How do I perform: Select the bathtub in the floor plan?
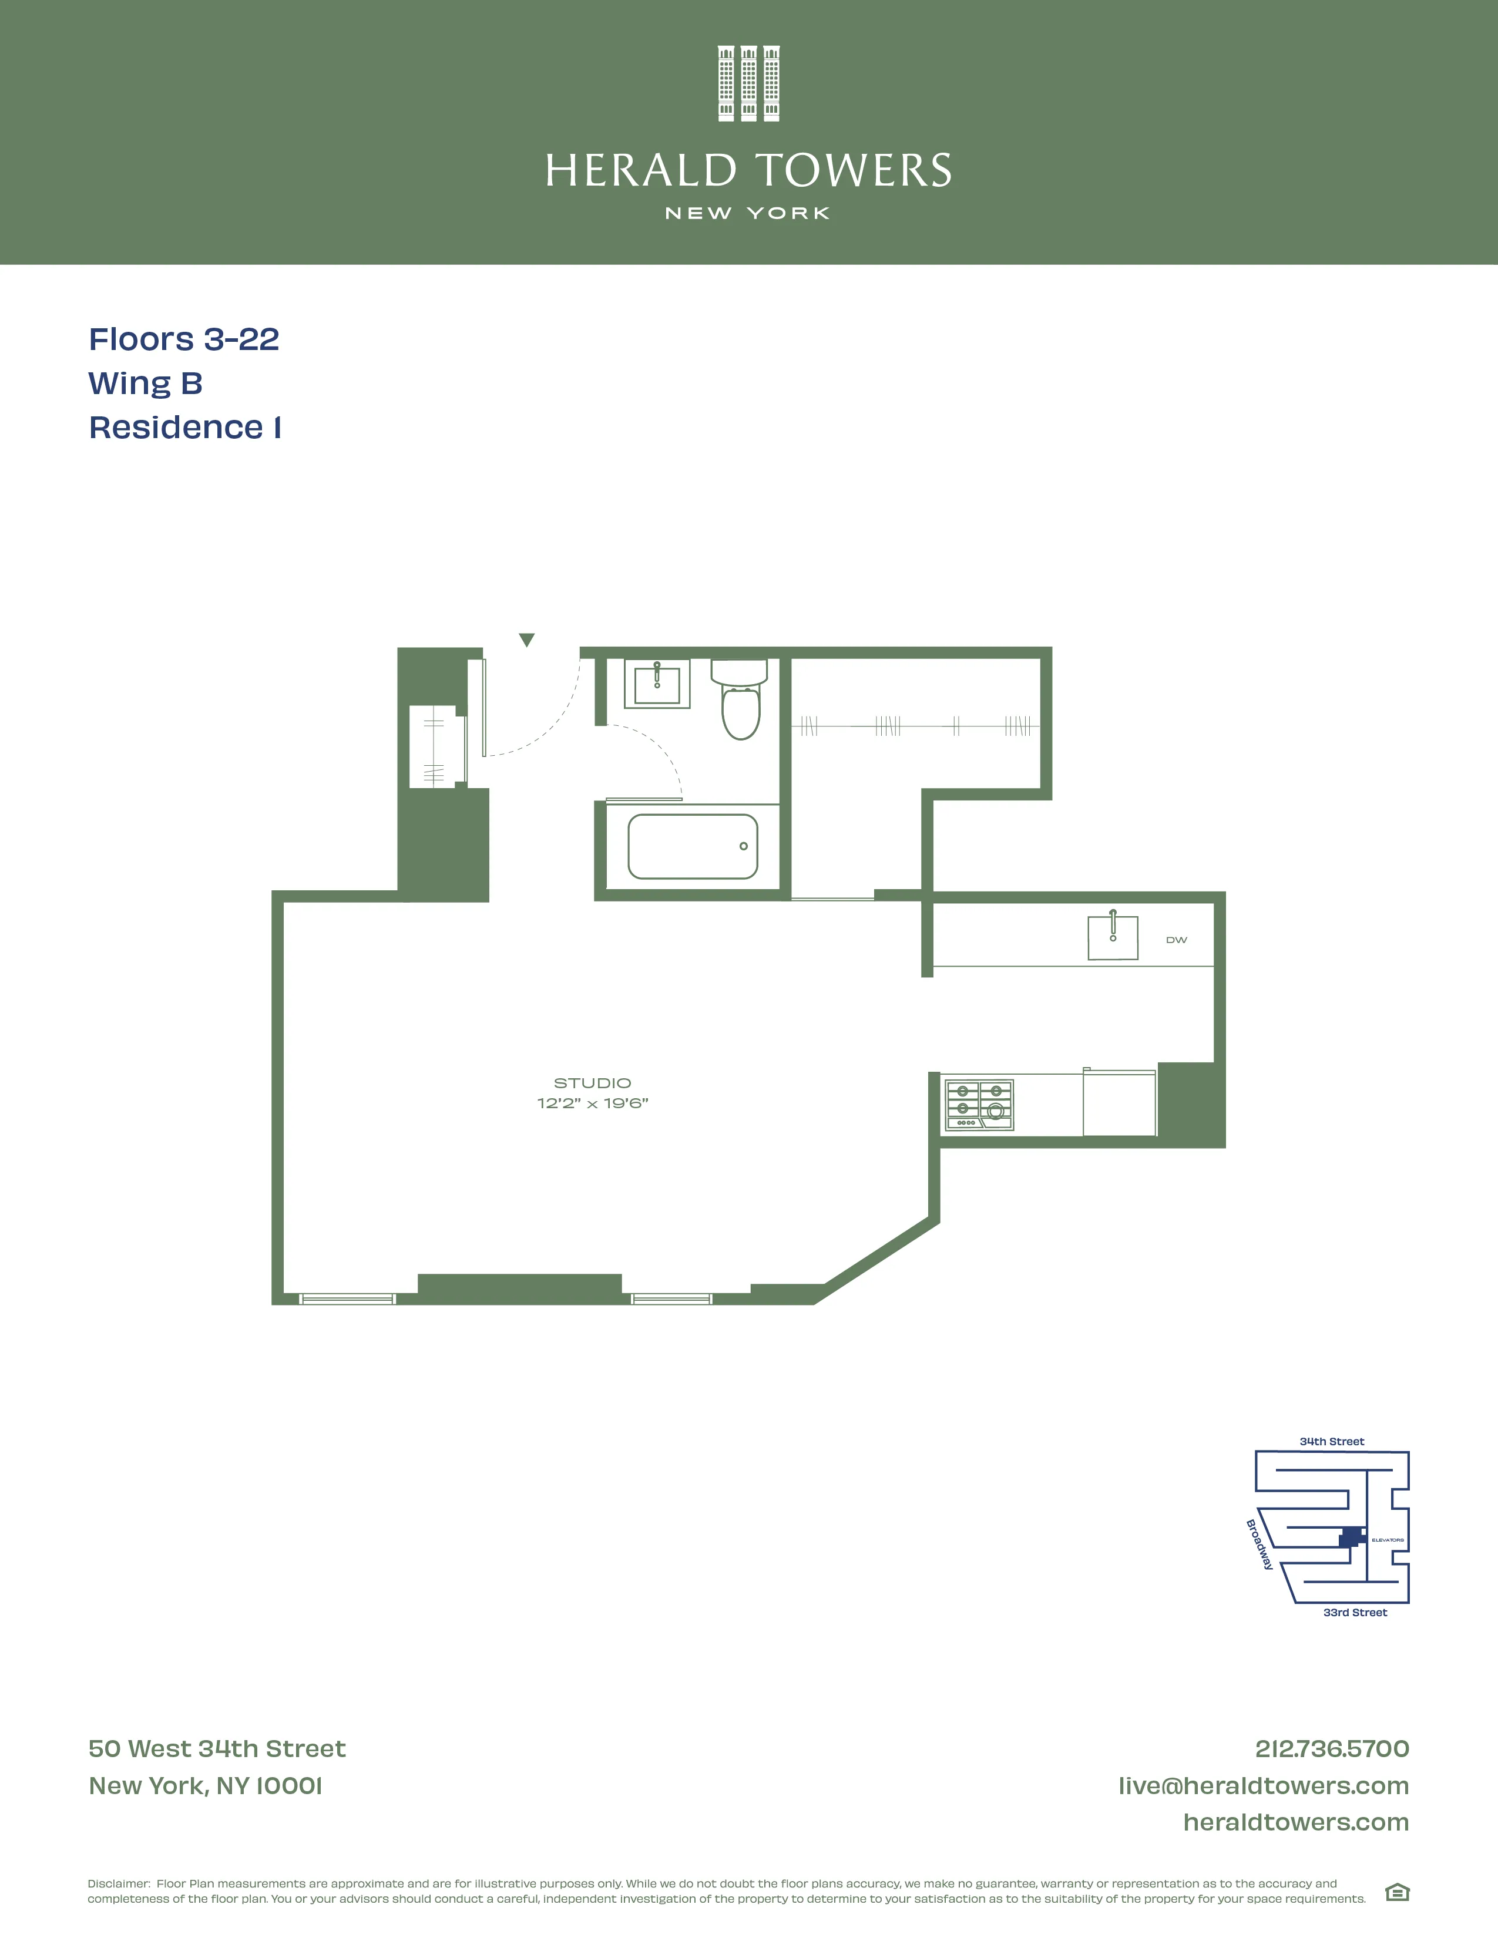692,846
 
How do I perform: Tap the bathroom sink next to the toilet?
657,684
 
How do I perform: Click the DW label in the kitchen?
1176,940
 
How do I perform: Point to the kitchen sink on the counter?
1113,938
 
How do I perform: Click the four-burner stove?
979,1105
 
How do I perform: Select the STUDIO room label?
592,1082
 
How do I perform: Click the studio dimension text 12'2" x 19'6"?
592,1103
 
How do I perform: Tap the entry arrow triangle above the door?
526,639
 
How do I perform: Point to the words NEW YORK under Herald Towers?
748,213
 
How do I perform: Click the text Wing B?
146,383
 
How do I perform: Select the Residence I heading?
184,428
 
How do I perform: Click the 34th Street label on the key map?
1331,1441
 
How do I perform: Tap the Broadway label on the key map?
1259,1545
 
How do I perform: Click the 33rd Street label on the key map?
1354,1612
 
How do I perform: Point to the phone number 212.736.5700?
1331,1748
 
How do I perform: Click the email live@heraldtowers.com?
1263,1785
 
